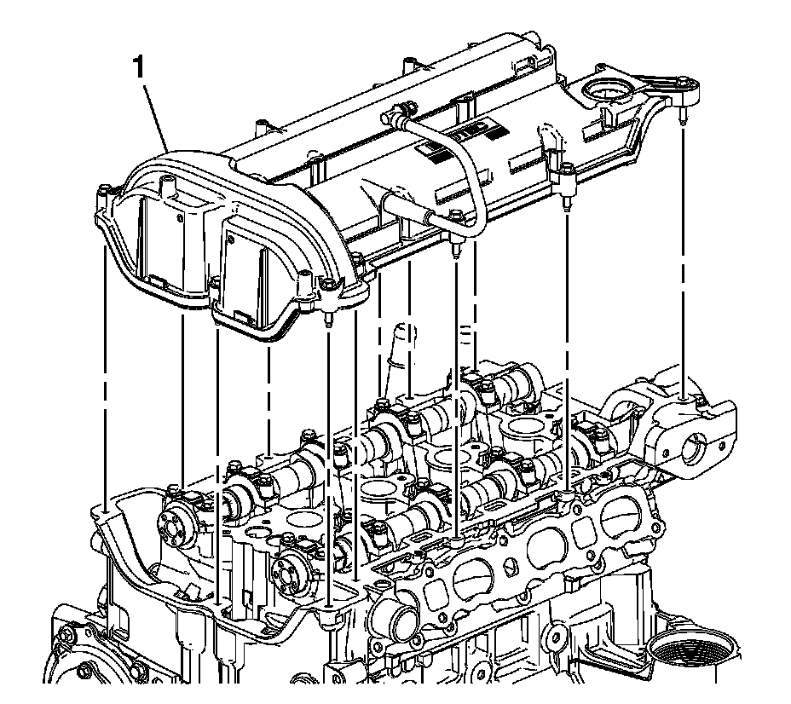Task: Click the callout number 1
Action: (x=139, y=67)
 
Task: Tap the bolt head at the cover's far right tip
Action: (x=683, y=81)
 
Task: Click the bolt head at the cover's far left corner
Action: (x=103, y=190)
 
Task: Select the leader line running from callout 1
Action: (x=156, y=115)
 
